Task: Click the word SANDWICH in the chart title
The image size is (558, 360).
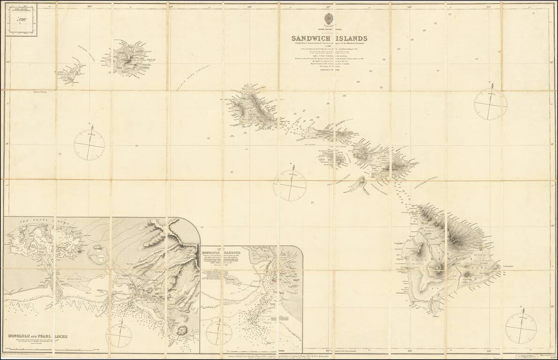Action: click(x=310, y=38)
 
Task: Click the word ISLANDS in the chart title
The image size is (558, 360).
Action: click(x=350, y=38)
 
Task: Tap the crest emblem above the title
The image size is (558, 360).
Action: click(x=328, y=20)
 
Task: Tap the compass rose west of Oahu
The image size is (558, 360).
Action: click(x=89, y=144)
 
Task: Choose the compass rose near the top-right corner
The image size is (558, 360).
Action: click(x=490, y=104)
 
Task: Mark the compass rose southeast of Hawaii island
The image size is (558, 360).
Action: click(x=521, y=328)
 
